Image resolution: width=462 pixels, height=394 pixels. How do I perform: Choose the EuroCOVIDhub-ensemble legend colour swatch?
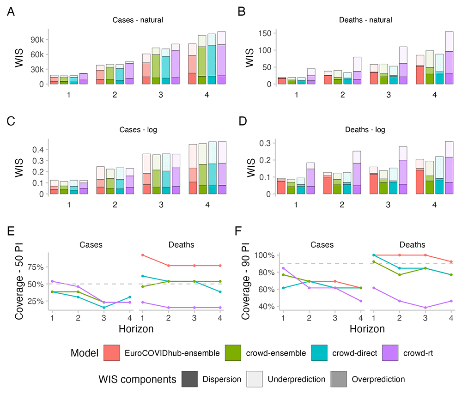[x=112, y=353]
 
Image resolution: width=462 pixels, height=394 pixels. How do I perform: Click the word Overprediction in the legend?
[x=378, y=379]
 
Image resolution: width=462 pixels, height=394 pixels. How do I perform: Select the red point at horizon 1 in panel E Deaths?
[x=143, y=255]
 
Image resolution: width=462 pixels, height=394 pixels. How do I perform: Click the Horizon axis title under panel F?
[x=365, y=329]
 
